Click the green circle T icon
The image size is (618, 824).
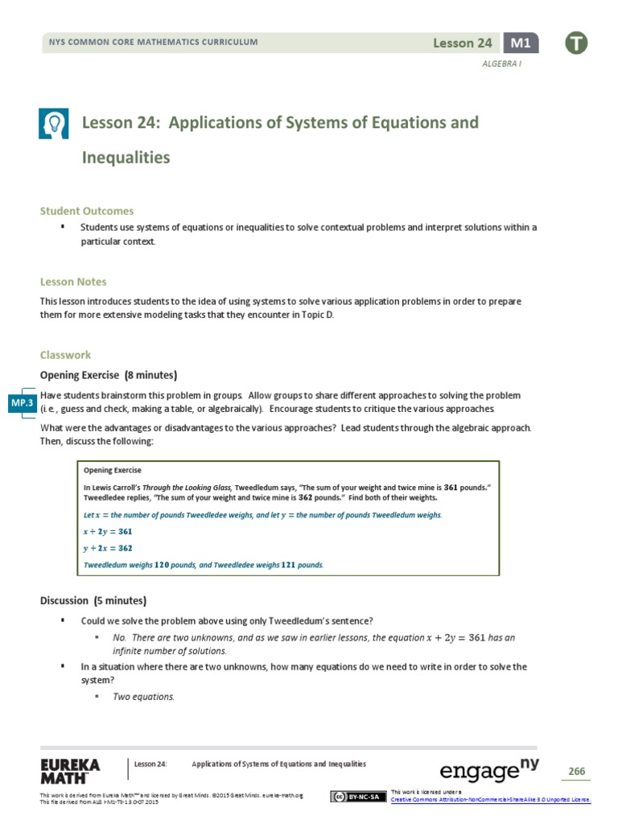tap(576, 44)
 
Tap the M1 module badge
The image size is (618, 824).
tap(521, 43)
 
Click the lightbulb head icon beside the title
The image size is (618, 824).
tap(56, 124)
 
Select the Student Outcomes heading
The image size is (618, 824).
tap(87, 211)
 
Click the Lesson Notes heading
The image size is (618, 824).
tap(73, 282)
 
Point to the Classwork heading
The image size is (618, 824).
tap(66, 354)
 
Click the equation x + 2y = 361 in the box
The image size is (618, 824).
tap(108, 531)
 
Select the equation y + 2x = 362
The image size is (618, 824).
tap(108, 548)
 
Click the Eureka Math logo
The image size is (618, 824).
tap(69, 770)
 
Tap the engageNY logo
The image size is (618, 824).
tap(488, 770)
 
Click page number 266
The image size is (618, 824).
tap(577, 772)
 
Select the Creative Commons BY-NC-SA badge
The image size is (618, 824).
tap(356, 797)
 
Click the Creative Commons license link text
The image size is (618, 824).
tap(490, 799)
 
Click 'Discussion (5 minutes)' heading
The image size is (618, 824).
tap(93, 600)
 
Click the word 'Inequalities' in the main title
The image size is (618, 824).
tap(126, 158)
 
